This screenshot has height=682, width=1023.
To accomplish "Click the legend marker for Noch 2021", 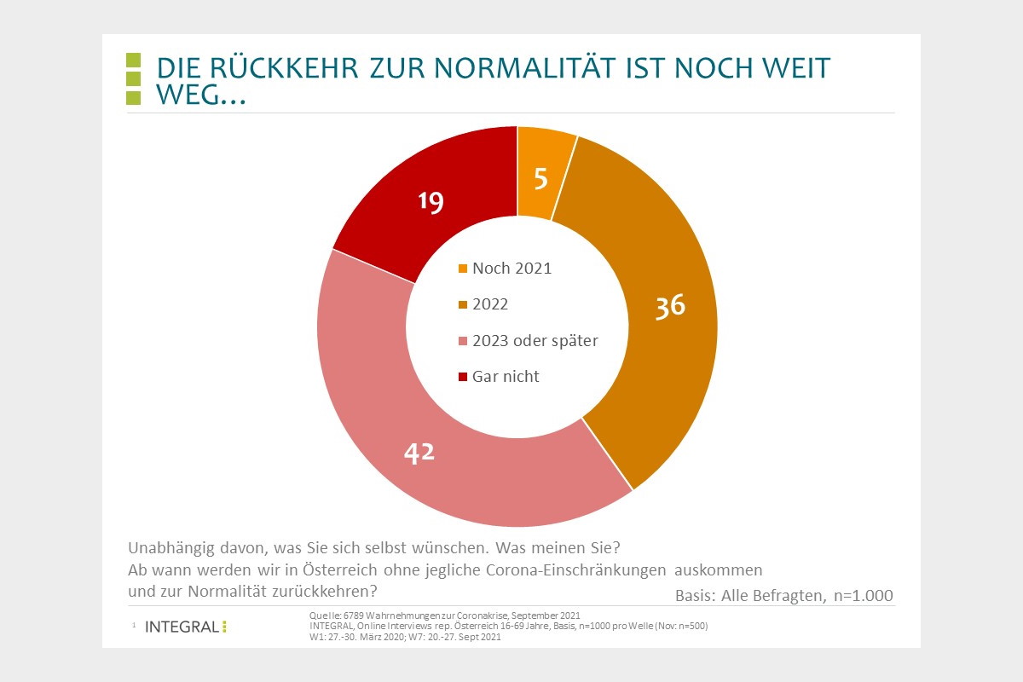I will click(463, 269).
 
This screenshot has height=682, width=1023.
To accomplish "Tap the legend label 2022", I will click(489, 304).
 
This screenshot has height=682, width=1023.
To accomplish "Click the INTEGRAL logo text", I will click(182, 627).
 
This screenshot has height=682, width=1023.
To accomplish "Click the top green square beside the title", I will click(133, 60).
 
